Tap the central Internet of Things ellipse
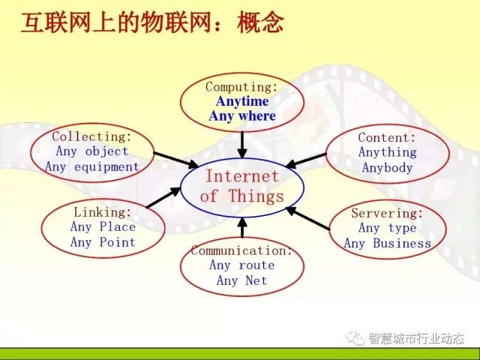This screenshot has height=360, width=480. [242, 187]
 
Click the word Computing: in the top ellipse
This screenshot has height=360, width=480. [241, 87]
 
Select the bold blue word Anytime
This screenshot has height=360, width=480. [241, 102]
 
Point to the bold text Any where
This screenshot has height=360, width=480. [241, 116]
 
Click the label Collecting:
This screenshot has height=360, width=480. [91, 136]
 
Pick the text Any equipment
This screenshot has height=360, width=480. [91, 166]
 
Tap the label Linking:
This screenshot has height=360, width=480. [102, 212]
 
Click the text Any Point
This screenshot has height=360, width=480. [103, 242]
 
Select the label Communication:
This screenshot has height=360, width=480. [241, 250]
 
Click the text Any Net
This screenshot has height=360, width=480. [241, 280]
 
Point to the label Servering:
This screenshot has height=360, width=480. [387, 213]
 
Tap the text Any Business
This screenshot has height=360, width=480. [387, 243]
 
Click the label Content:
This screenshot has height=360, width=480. [387, 137]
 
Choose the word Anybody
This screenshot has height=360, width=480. [387, 167]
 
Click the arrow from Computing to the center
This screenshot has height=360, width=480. [241, 142]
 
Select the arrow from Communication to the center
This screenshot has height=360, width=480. [241, 226]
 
